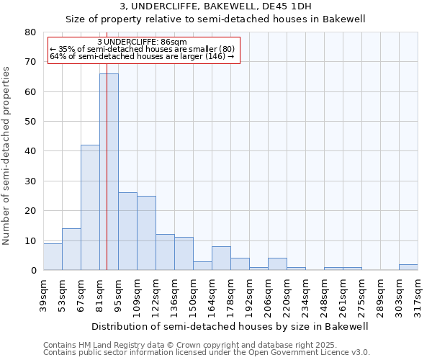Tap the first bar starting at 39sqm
point(53,257)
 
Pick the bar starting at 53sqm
point(71,249)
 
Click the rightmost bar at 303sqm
point(408,267)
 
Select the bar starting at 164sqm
point(221,258)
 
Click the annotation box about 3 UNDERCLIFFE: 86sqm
point(142,50)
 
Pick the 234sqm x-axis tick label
point(310,294)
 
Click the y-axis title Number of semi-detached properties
point(7,155)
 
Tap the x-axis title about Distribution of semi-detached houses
point(230,326)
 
